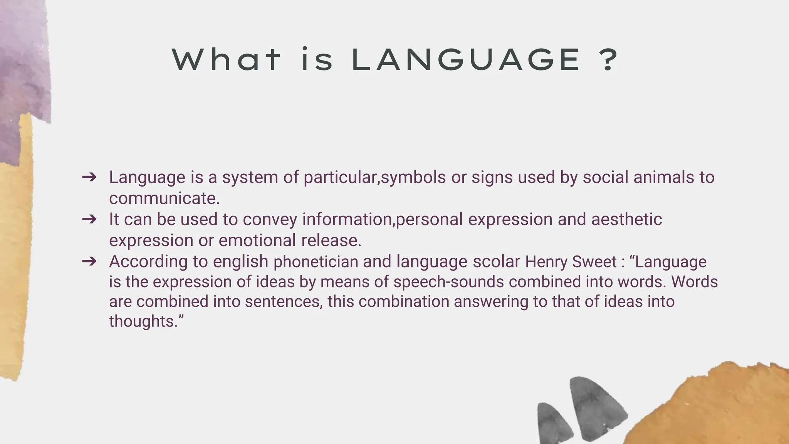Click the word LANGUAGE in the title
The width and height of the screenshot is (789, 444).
point(466,60)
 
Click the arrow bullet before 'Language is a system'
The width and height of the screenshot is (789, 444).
point(89,177)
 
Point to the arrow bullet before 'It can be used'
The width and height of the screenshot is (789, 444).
point(89,219)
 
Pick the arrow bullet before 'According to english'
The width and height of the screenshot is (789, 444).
point(89,261)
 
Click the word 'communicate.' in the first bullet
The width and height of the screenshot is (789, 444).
point(164,198)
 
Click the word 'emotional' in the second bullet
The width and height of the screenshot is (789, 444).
point(257,240)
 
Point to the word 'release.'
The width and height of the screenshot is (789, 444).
point(331,240)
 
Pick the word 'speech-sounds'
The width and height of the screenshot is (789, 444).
point(448,282)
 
